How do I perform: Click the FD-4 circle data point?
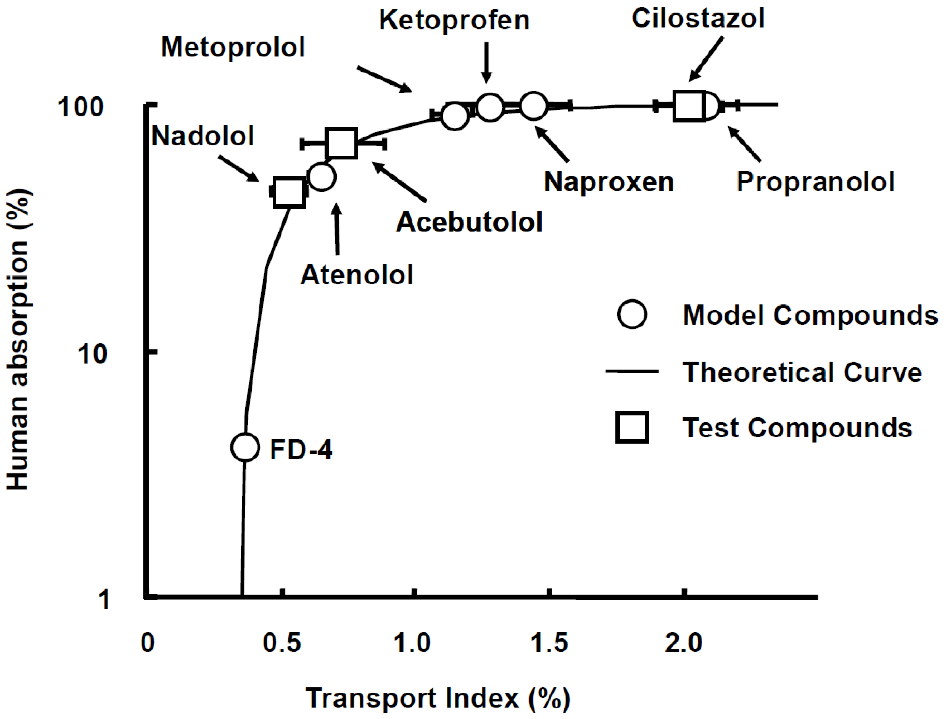(x=245, y=447)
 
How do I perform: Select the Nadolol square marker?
(x=289, y=192)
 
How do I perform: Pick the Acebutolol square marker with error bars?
(x=341, y=143)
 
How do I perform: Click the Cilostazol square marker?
(x=689, y=106)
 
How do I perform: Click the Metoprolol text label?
(x=233, y=47)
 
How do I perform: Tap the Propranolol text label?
(x=815, y=182)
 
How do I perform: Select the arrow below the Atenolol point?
(x=337, y=229)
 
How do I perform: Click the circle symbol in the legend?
(x=632, y=314)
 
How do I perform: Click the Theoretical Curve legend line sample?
(x=632, y=371)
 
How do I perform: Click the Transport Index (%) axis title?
(x=437, y=698)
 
